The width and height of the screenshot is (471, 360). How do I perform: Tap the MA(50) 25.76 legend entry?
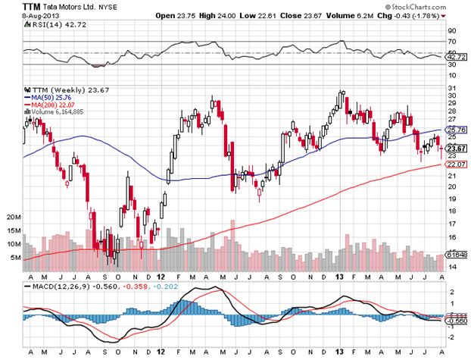point(50,97)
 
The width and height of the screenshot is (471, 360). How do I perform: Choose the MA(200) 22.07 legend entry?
point(52,105)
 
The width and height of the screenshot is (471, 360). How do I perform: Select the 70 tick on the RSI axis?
point(451,41)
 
